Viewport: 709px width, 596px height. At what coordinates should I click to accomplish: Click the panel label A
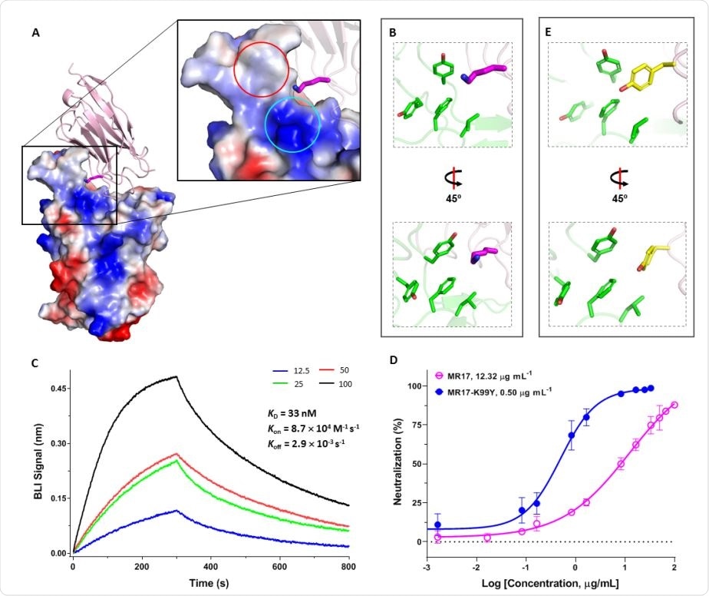coord(35,33)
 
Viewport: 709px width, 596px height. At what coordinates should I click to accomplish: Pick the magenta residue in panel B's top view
coord(487,72)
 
